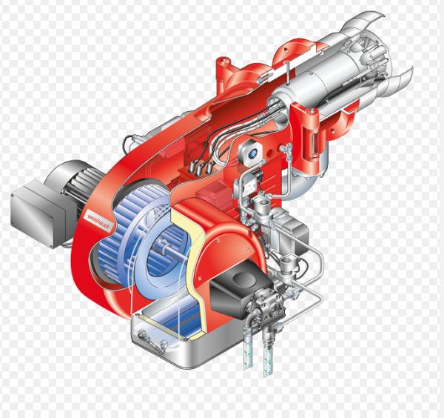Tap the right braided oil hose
click(x=268, y=354)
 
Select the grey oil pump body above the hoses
click(x=266, y=306)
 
